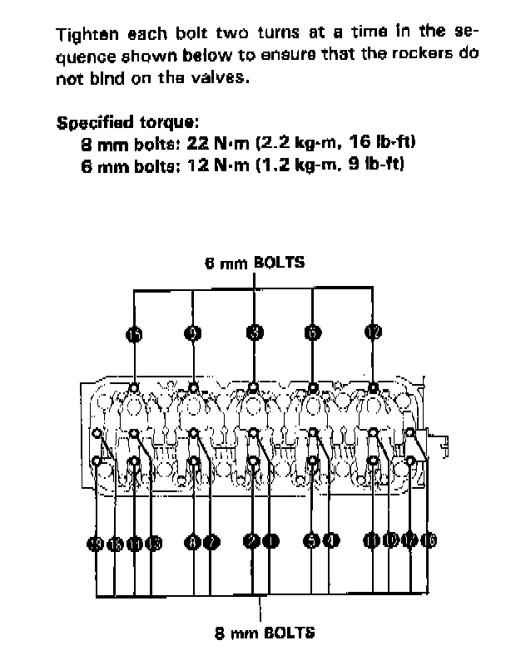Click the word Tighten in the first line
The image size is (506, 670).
[x=83, y=35]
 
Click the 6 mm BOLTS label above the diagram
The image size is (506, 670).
[x=255, y=262]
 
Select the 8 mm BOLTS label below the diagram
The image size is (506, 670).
[x=265, y=633]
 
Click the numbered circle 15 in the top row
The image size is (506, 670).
[x=135, y=333]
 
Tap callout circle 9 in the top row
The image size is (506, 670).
[x=193, y=333]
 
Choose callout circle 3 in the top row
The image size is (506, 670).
[x=254, y=333]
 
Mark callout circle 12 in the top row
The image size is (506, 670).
[x=372, y=333]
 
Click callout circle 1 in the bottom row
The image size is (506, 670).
[x=271, y=542]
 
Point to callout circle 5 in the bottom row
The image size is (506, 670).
[x=312, y=542]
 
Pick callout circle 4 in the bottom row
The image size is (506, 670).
[x=330, y=542]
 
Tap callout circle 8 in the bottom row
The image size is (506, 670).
[x=193, y=542]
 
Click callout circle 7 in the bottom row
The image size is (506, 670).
[x=211, y=542]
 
